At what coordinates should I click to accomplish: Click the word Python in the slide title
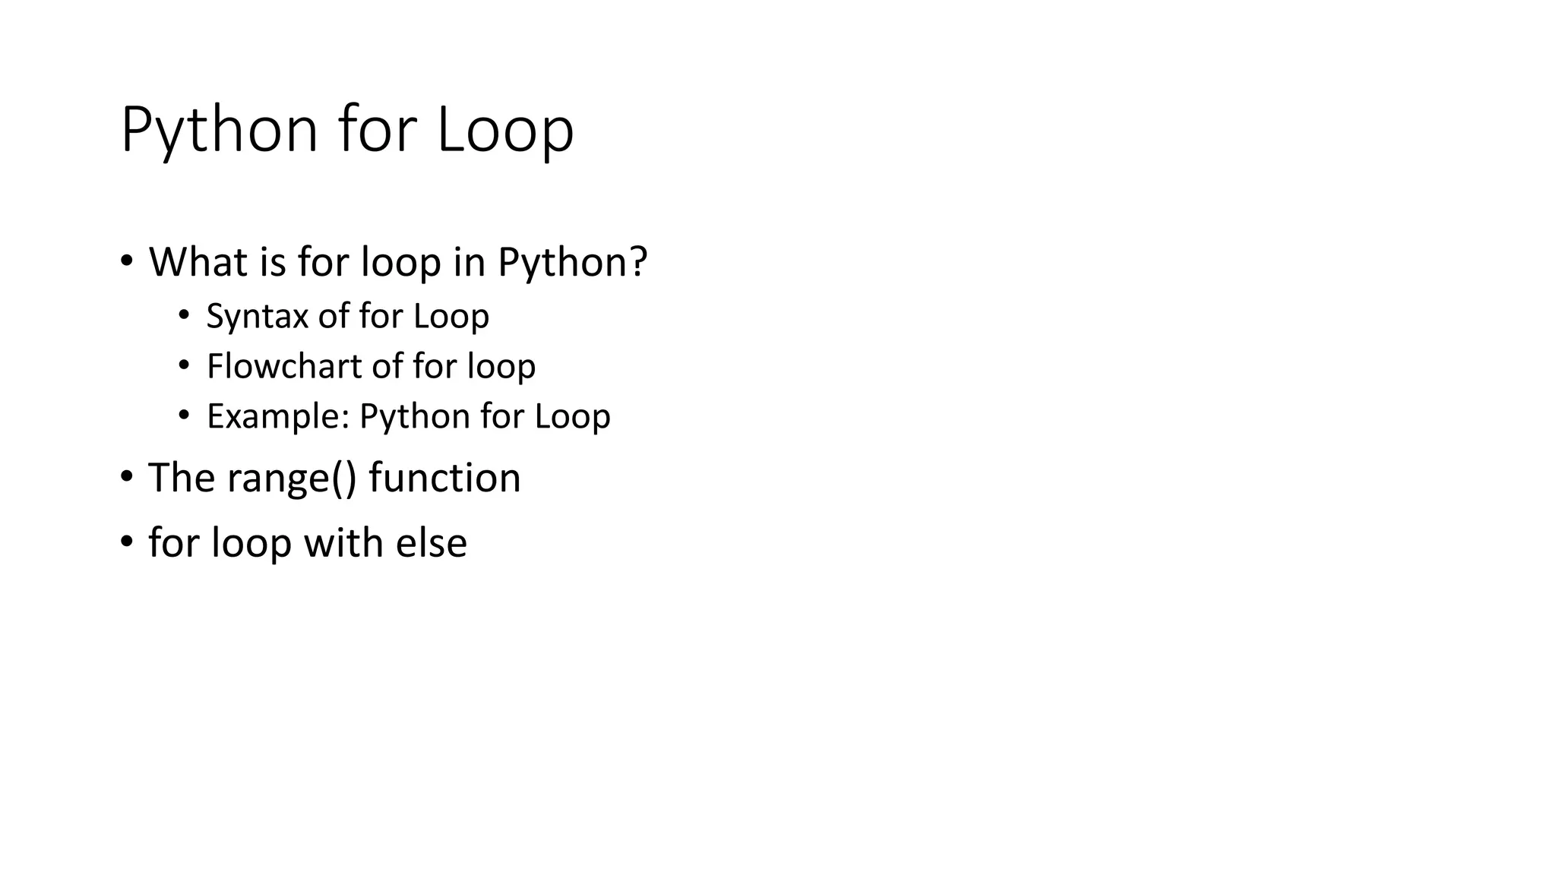(219, 131)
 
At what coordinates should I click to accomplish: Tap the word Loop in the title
(505, 131)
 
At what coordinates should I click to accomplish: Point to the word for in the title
(378, 131)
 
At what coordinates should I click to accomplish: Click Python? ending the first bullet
(572, 263)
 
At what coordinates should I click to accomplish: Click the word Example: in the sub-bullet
(277, 416)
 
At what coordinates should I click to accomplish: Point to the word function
(444, 479)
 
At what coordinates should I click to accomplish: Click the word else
(431, 543)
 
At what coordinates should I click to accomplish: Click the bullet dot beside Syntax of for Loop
(183, 316)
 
